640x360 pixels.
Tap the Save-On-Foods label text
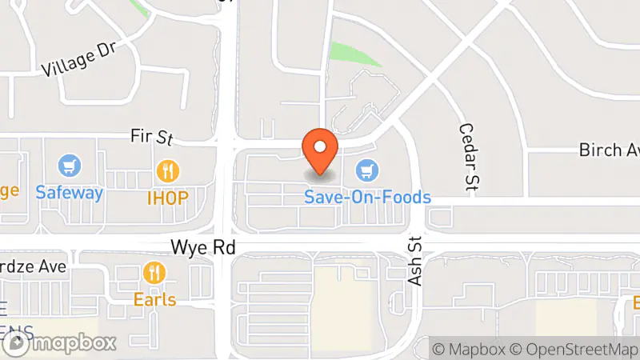tap(367, 197)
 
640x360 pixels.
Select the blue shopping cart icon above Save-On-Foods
tap(367, 170)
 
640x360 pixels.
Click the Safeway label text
tap(70, 193)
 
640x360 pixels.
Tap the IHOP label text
tap(167, 197)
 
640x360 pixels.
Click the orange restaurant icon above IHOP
tap(167, 170)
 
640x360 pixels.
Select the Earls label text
tap(154, 299)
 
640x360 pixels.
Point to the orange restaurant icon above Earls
tap(154, 274)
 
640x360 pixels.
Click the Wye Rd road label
tap(203, 248)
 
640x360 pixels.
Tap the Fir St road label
tap(152, 137)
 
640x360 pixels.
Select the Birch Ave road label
tap(608, 150)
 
